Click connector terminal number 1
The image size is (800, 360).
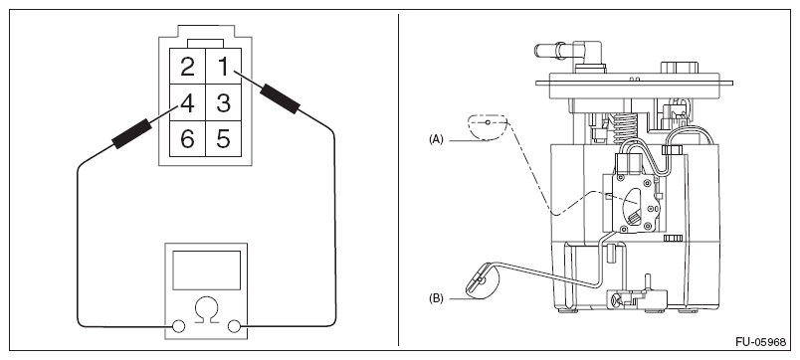pos(223,67)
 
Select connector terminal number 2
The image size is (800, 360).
pos(187,67)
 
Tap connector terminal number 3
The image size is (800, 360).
pos(223,102)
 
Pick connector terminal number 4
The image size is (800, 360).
pos(187,102)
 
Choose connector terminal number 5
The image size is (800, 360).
pos(223,138)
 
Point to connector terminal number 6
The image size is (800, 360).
pos(187,138)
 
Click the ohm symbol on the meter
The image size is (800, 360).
pos(207,310)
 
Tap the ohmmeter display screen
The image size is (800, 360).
pos(206,270)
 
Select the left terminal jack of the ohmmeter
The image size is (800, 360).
pos(178,326)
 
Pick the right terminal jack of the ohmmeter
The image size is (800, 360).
pos(234,326)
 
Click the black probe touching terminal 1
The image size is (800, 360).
pos(280,98)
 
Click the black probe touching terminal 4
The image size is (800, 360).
pos(131,133)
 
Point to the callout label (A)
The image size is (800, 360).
pos(436,139)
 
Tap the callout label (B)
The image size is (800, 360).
pos(436,298)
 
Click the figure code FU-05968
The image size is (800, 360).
pos(761,342)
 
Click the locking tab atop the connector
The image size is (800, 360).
pos(205,44)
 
